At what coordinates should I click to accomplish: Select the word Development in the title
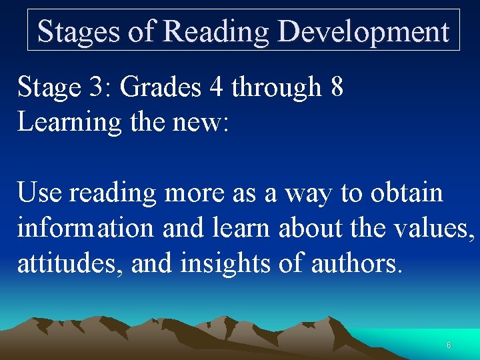click(x=364, y=31)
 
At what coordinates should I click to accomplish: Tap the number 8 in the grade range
click(x=337, y=87)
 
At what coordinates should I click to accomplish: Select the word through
click(x=280, y=87)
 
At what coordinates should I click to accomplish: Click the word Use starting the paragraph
click(x=39, y=193)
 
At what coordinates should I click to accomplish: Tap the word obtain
click(x=407, y=193)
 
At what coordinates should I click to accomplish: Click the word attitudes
click(x=70, y=263)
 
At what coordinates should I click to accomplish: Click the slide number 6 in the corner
click(x=449, y=345)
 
